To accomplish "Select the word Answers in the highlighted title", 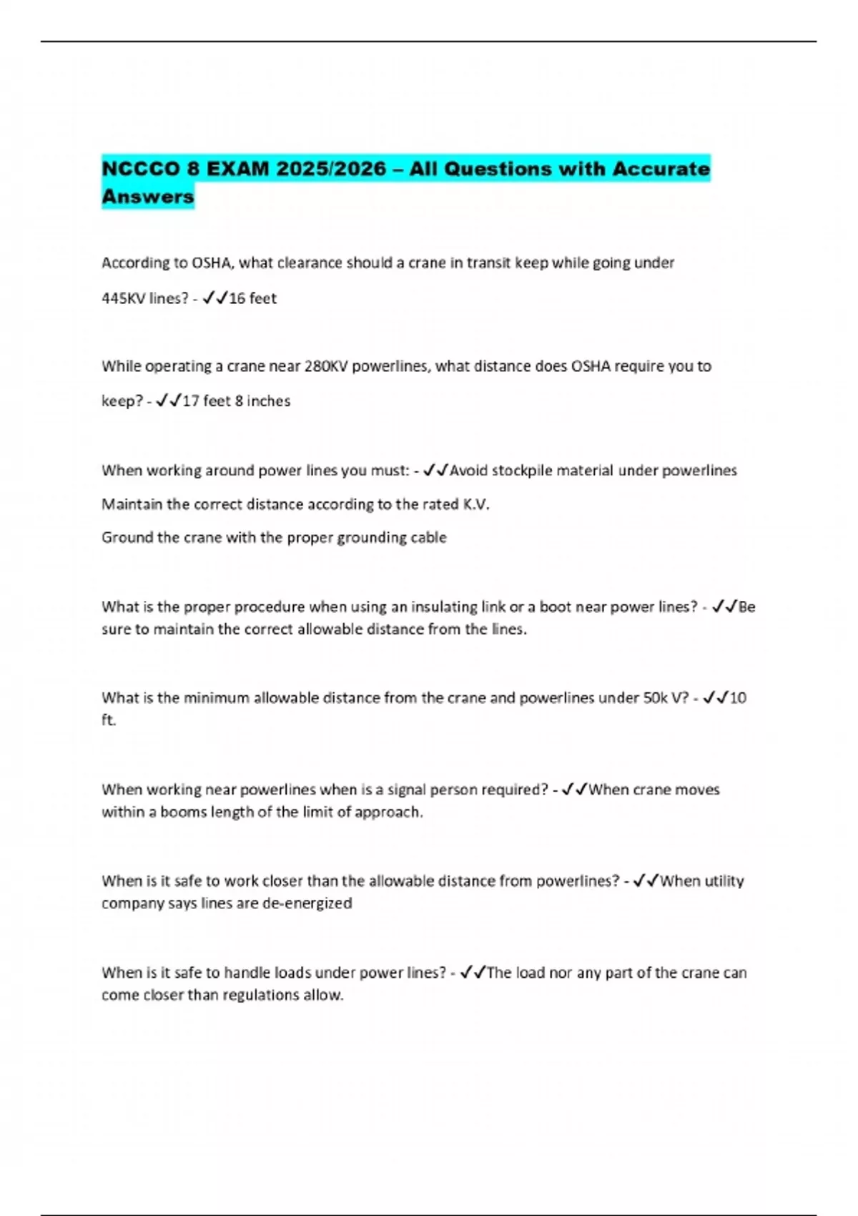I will [x=148, y=197].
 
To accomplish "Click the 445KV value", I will [x=123, y=298].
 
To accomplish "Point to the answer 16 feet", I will [x=252, y=298].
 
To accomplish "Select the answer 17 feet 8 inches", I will [x=237, y=401].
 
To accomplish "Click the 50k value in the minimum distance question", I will [x=656, y=697].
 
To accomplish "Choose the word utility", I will [x=724, y=881].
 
